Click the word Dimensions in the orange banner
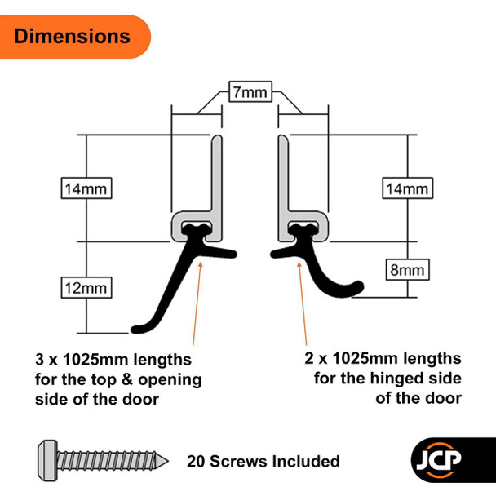click(72, 36)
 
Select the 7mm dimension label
click(250, 91)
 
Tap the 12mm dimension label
click(86, 287)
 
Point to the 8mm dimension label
click(407, 270)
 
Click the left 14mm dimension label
click(86, 188)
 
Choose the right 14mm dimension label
click(407, 188)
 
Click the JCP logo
click(438, 460)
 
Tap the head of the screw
click(47, 461)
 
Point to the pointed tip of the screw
click(168, 461)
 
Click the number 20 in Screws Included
click(196, 462)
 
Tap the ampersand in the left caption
click(126, 379)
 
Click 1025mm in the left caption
click(95, 360)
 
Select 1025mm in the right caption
click(365, 358)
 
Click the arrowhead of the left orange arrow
click(200, 265)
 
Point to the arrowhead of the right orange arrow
click(299, 265)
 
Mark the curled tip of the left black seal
click(135, 330)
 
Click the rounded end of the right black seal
click(359, 286)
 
